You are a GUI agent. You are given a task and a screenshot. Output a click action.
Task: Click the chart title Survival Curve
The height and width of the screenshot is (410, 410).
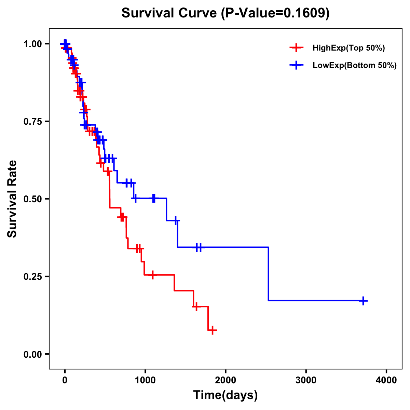pos(169,13)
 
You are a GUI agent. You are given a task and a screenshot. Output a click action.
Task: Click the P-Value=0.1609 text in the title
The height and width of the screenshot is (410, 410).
pos(275,13)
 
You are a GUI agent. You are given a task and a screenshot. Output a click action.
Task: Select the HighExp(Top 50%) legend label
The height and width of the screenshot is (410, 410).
pos(348,48)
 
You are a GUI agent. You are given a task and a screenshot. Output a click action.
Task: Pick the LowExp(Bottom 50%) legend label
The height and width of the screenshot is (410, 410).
pos(355,66)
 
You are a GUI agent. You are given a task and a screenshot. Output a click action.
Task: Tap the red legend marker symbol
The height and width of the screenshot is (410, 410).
pos(296,48)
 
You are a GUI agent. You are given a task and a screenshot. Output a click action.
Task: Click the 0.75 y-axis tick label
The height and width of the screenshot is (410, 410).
pos(32,122)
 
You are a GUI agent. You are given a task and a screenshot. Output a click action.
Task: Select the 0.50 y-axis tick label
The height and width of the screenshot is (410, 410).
pos(32,199)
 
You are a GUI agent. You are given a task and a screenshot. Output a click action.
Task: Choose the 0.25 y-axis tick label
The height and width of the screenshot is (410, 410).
pos(32,277)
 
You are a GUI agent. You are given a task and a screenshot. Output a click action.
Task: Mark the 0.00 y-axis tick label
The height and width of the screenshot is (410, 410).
pos(32,354)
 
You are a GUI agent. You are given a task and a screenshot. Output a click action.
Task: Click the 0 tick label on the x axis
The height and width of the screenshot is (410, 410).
pos(65,380)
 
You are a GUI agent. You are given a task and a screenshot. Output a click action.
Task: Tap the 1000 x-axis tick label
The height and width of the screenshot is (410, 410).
pos(145,380)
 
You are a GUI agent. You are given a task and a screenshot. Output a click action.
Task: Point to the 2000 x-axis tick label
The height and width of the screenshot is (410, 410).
pos(225,380)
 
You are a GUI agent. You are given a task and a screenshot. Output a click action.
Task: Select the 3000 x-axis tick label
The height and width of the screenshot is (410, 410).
pos(306,380)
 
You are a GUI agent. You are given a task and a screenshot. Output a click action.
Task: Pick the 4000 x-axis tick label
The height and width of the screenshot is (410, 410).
pos(386,380)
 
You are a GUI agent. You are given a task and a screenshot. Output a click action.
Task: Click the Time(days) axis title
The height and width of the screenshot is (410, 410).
pos(225,395)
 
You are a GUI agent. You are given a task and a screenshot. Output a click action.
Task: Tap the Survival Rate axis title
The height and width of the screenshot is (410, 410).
pos(12,199)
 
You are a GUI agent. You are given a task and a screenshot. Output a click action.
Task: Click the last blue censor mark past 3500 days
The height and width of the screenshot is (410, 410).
pos(364,301)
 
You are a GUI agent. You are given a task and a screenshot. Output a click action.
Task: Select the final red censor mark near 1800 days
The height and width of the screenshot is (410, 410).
pos(212,330)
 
